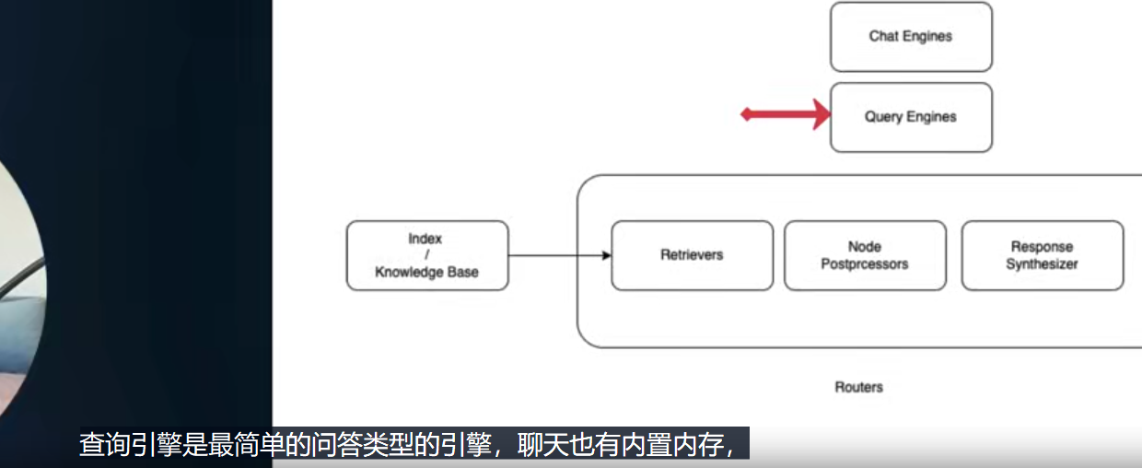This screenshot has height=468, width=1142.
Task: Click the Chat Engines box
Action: coord(911,37)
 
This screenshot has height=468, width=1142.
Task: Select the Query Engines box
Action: coord(911,117)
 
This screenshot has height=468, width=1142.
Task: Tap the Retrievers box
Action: coord(693,255)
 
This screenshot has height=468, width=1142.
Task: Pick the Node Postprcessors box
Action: coord(865,255)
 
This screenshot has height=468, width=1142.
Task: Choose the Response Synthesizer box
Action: coord(1043,255)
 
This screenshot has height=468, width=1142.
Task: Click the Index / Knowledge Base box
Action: coord(427,255)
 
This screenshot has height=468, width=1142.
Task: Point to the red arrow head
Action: coord(822,114)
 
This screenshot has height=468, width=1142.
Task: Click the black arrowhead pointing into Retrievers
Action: coord(607,255)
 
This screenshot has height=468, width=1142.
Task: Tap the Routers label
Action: coord(858,387)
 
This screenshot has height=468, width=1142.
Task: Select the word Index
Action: coord(425,239)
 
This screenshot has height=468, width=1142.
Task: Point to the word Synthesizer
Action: coord(1043,264)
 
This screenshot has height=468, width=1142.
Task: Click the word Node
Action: coord(865,247)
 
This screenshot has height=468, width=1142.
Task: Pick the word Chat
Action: coord(883,36)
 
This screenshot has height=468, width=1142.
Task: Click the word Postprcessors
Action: coord(865,264)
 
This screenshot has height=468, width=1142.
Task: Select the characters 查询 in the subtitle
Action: coord(105,445)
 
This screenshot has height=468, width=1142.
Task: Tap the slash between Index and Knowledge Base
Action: coord(426,255)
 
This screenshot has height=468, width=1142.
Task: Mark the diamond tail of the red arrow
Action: coord(746,114)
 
